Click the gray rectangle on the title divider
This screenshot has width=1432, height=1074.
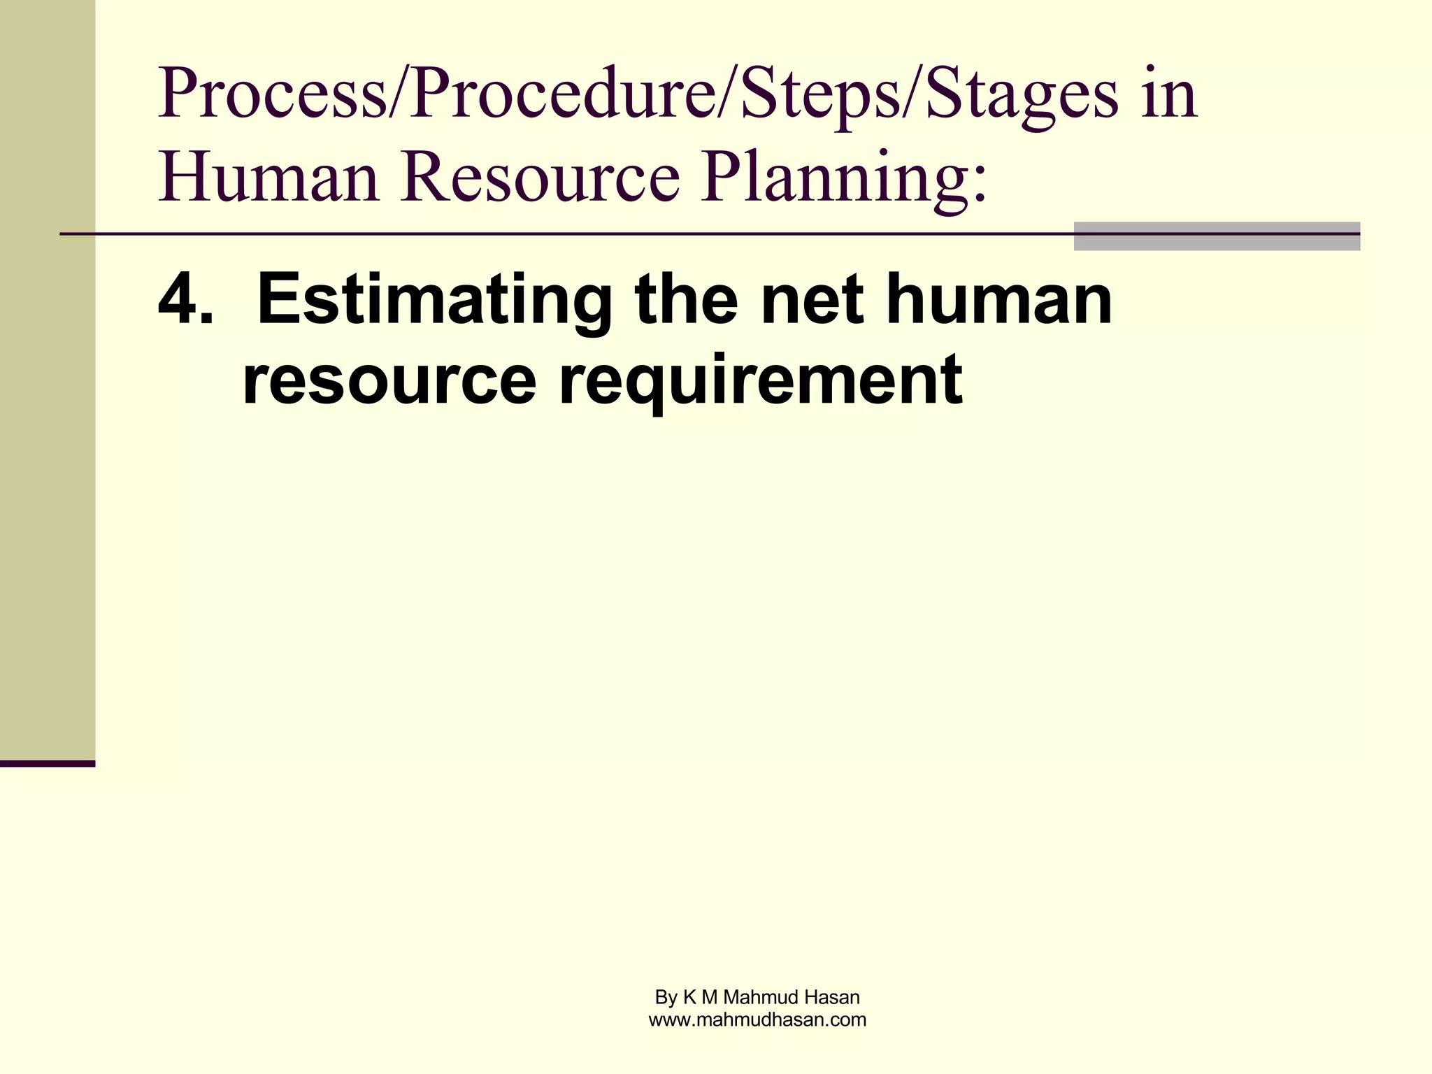pos(1217,236)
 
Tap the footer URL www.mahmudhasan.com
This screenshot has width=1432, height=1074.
pos(757,1020)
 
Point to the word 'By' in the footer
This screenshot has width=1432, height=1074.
pos(666,998)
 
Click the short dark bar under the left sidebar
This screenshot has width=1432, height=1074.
pos(48,764)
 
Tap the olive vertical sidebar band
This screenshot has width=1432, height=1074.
pos(48,378)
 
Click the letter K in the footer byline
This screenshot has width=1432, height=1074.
pos(689,997)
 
